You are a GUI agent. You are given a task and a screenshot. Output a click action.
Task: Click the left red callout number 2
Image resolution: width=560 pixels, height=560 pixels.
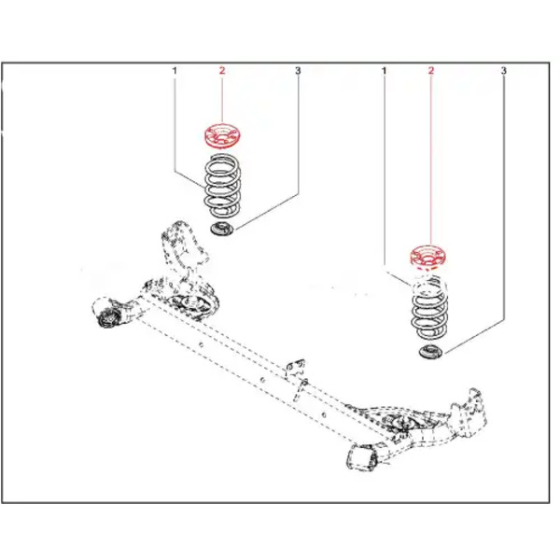pos(222,71)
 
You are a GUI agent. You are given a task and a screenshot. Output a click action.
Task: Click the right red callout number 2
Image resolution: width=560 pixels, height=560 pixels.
pos(431,71)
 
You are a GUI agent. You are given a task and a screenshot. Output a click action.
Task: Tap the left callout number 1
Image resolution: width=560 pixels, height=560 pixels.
pos(175,71)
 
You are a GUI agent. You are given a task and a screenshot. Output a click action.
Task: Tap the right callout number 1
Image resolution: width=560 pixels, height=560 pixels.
pos(385,71)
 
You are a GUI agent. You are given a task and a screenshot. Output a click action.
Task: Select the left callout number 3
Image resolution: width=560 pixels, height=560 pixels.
pos(298,71)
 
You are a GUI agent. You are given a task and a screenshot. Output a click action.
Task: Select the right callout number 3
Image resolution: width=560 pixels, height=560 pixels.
pos(504,71)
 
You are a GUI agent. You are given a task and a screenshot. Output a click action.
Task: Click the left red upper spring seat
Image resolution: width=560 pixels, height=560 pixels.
pos(222,135)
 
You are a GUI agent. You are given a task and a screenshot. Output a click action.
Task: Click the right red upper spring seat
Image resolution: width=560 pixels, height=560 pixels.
pos(427,257)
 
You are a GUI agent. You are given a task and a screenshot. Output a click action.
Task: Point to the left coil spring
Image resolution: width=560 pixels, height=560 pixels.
pos(222,186)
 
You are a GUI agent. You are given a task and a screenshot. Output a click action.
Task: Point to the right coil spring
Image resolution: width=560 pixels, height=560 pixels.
pos(428,307)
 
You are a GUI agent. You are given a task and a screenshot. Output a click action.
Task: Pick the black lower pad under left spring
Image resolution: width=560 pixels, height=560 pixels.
pos(222,229)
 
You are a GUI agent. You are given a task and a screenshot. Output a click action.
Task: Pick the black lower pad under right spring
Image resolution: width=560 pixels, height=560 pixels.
pos(430,352)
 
